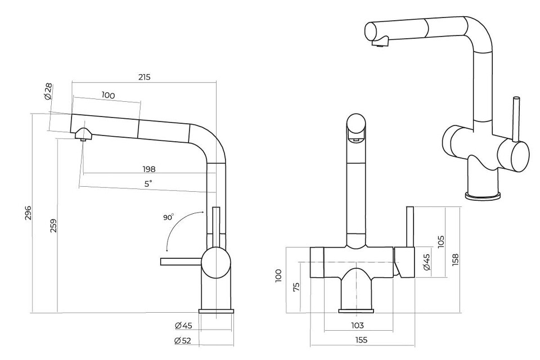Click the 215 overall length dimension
click(144, 77)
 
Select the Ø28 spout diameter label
click(48, 91)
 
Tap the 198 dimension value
click(148, 169)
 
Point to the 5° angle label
click(148, 183)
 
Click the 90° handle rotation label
click(169, 217)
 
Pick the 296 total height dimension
click(28, 213)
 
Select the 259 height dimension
click(53, 226)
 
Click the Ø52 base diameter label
click(183, 340)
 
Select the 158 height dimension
click(455, 259)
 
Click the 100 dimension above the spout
click(108, 96)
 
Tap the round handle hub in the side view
click(216, 263)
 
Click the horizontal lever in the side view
click(181, 261)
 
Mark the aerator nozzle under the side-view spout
click(83, 136)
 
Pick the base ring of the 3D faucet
click(483, 195)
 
